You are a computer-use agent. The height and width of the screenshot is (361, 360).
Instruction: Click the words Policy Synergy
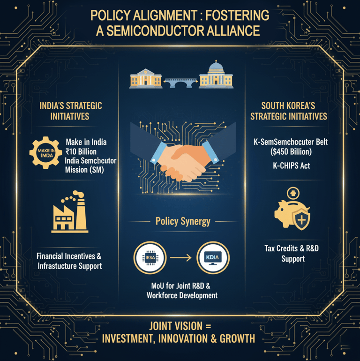click(183, 222)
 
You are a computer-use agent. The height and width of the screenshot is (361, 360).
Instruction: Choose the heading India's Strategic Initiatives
click(70, 111)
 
